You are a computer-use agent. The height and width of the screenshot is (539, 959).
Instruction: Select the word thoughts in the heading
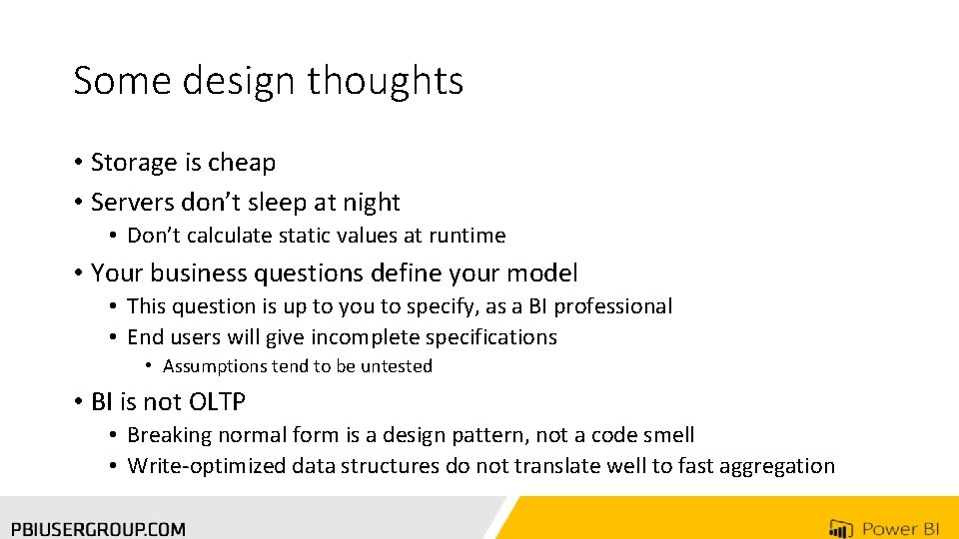pos(385,81)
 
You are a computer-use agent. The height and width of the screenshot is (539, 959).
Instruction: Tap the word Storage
pos(133,163)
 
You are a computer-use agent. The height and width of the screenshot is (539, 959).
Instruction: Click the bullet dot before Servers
pos(78,203)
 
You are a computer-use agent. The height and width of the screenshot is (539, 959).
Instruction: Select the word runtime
pos(468,236)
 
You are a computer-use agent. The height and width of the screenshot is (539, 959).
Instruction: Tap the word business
pos(199,272)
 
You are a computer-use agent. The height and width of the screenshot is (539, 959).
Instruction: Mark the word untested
pos(396,366)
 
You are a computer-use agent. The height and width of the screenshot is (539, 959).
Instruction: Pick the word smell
pos(666,435)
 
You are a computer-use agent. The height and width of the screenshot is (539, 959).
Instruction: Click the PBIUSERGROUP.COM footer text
pos(98,528)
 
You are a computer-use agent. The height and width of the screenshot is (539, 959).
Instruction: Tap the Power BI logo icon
pos(840,528)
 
